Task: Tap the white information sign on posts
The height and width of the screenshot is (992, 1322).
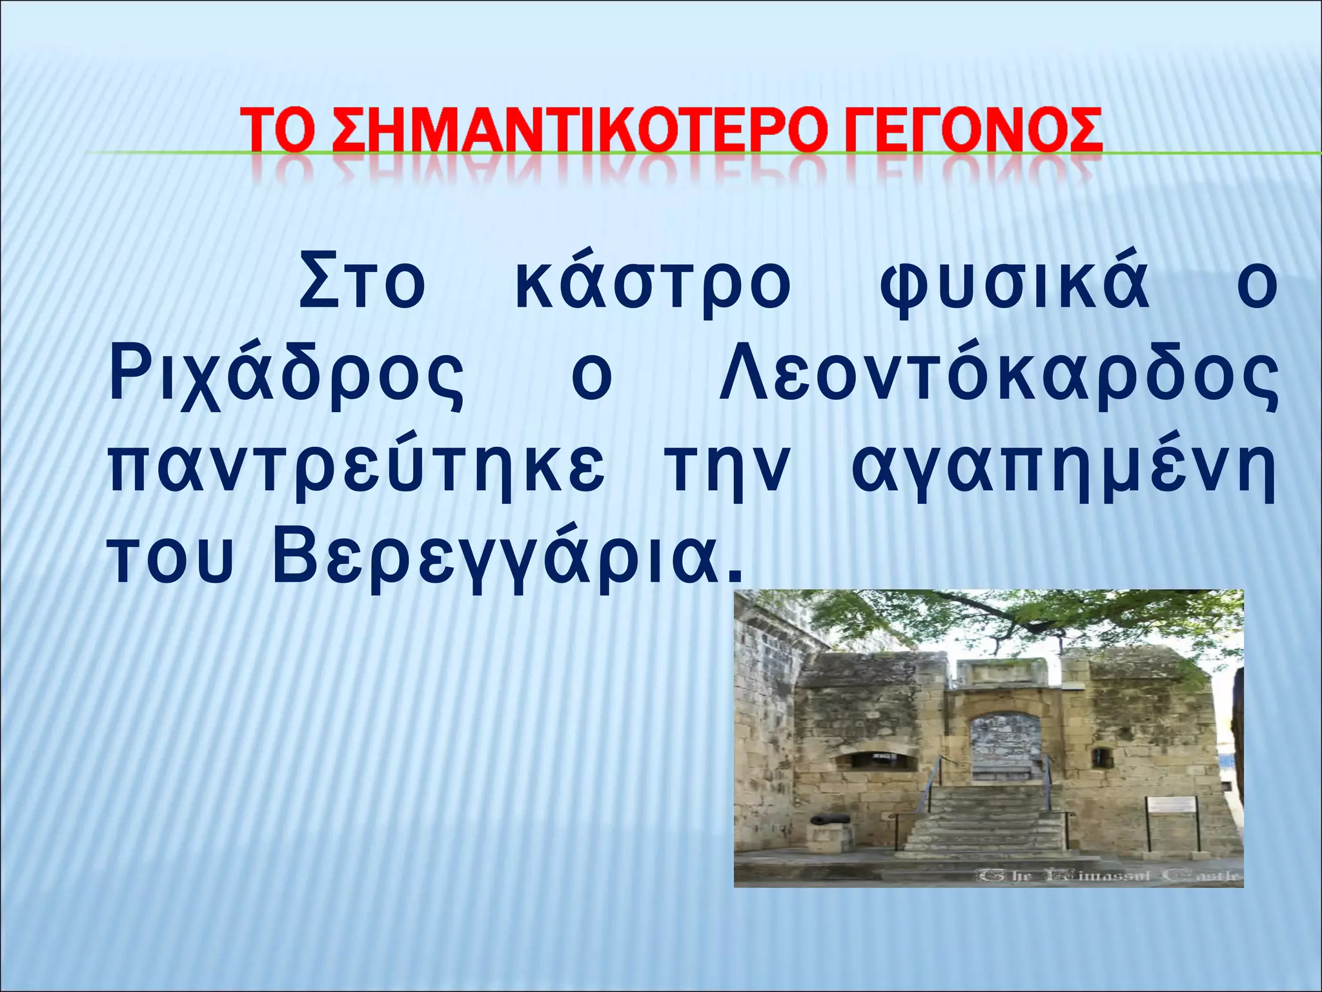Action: [x=1172, y=805]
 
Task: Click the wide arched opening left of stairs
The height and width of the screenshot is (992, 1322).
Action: [x=876, y=760]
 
